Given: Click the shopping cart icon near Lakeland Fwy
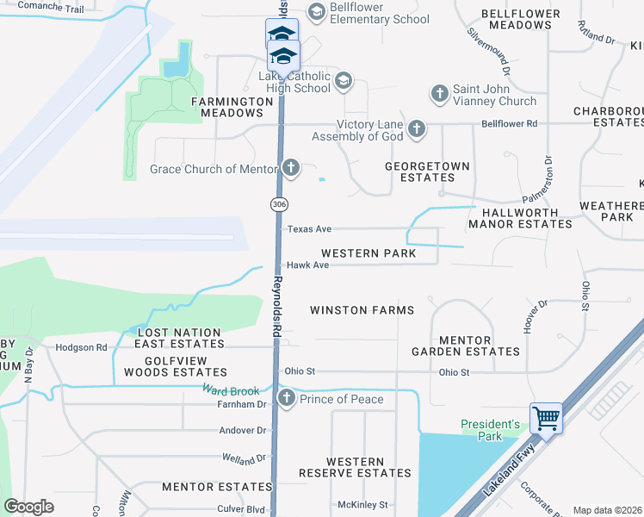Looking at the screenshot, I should [x=547, y=419].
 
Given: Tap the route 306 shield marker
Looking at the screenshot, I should [x=278, y=204].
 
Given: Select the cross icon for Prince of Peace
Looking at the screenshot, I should [x=287, y=399].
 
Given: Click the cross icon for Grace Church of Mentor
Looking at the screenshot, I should [x=291, y=168].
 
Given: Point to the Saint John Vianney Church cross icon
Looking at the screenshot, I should [x=439, y=93].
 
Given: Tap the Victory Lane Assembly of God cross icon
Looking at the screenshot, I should [x=417, y=129].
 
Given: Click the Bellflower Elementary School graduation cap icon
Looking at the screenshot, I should [x=316, y=12].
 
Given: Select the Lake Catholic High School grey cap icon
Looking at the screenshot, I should [x=343, y=81].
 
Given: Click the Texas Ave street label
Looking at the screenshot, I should [x=309, y=229].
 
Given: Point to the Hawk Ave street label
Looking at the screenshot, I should [x=308, y=265].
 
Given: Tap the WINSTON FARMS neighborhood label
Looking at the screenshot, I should [x=362, y=310].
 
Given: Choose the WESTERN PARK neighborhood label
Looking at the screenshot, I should [x=368, y=253].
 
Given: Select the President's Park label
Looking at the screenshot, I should [x=491, y=430].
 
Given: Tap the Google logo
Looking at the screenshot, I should [x=29, y=506].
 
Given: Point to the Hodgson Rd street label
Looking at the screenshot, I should [x=81, y=347].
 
